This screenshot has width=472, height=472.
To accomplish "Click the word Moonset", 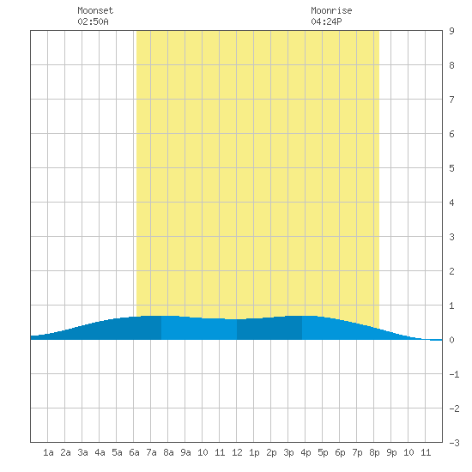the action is click(95, 10).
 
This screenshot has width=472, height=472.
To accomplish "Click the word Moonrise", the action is click(331, 10).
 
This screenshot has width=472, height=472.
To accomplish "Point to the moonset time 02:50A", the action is click(93, 21).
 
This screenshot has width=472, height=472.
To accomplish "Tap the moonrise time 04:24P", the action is click(326, 21).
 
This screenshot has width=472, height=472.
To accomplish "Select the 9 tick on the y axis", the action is click(451, 31).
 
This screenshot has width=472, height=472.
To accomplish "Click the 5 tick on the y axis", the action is click(451, 168).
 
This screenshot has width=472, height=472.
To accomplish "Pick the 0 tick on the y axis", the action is click(451, 340).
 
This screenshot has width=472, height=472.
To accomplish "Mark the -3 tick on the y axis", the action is click(454, 443).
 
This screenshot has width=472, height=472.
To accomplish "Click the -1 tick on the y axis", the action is click(454, 374).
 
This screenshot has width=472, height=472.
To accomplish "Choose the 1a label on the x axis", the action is click(48, 452).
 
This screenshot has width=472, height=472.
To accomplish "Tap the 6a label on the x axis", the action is click(134, 452).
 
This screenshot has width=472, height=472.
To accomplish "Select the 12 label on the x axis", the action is click(237, 452).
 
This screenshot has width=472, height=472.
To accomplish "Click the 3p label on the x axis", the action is click(288, 452).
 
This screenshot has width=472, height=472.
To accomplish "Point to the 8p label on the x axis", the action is click(374, 452).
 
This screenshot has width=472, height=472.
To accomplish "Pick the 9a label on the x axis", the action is click(185, 452).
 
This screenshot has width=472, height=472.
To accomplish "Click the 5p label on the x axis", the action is click(323, 452).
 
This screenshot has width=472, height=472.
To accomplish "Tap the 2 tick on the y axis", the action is click(451, 271).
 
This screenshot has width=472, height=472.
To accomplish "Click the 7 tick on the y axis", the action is click(451, 100).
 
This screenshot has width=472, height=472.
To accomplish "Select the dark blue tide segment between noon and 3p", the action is click(269, 329).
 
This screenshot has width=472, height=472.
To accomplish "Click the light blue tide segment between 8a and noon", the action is click(199, 329).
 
